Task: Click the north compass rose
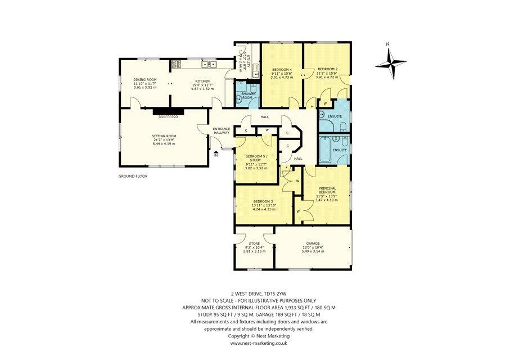click(x=391, y=62)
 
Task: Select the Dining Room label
click(x=145, y=80)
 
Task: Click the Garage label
click(x=313, y=244)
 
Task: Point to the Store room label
click(x=253, y=244)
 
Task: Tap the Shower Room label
click(x=249, y=95)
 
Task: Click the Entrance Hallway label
click(x=221, y=130)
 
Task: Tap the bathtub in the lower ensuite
click(x=325, y=150)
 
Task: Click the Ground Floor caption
click(x=133, y=176)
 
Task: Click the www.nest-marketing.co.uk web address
click(x=259, y=343)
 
